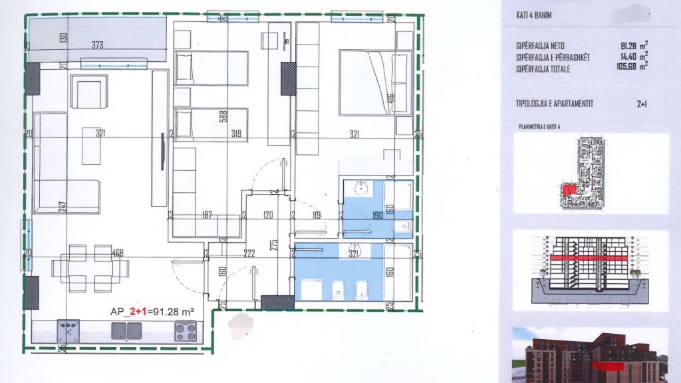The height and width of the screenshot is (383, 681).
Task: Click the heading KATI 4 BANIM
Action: (534, 15)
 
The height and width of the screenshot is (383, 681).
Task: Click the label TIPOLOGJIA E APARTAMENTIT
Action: (555, 103)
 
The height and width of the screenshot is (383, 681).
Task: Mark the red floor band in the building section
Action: (588, 257)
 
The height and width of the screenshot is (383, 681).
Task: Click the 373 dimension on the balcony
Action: (97, 45)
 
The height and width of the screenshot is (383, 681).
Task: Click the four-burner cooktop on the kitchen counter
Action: (185, 330)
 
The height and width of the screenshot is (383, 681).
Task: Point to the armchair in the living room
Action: (88, 92)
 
